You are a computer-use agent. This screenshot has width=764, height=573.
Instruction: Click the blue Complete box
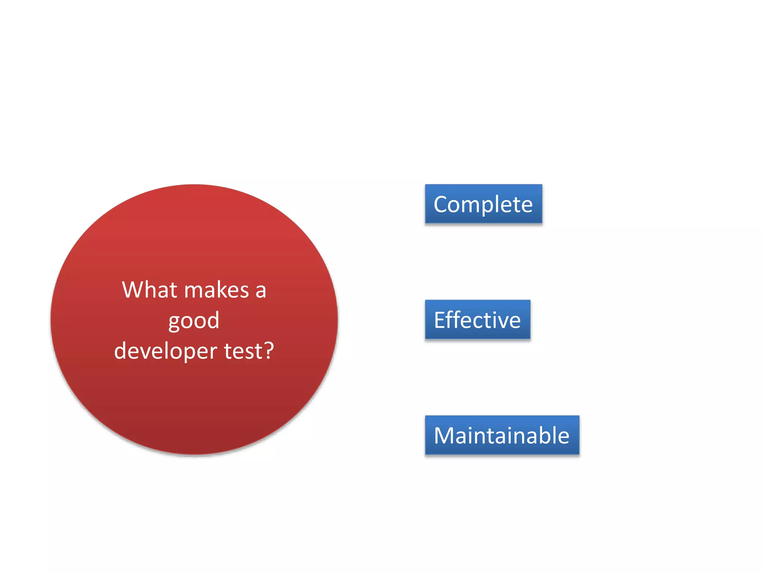(483, 204)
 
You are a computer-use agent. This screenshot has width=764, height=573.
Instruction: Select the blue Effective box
(477, 320)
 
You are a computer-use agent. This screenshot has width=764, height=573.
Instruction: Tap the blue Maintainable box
(502, 435)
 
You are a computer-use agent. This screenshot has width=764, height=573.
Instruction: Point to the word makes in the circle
(216, 290)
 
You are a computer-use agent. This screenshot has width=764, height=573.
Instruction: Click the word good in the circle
(194, 321)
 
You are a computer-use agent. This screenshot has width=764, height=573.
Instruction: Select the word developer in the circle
(166, 351)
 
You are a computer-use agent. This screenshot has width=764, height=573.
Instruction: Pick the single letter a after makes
(261, 291)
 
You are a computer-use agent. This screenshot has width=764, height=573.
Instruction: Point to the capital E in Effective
(440, 320)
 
